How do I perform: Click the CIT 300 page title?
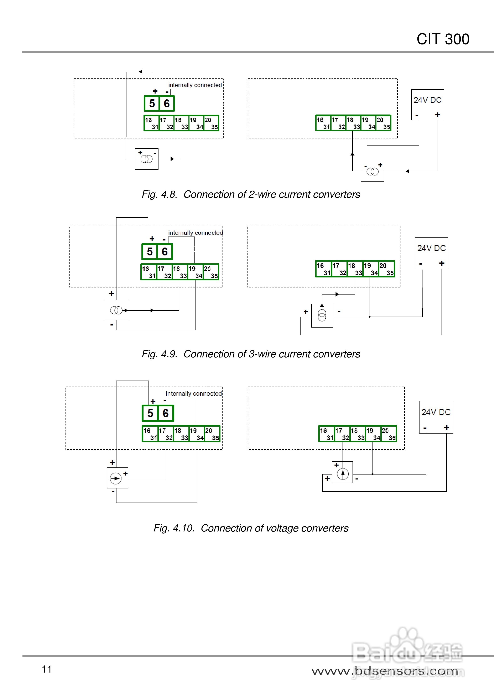443,39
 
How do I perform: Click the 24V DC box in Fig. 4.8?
428,105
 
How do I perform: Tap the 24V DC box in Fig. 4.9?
432,253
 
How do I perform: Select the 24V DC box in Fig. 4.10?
436,417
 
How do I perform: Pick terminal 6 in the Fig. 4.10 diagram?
165,413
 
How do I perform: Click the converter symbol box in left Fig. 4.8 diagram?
147,159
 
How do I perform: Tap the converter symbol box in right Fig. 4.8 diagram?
373,171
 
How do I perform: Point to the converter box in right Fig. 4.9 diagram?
322,315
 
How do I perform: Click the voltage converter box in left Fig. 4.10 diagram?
118,478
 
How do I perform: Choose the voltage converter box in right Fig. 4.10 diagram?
342,472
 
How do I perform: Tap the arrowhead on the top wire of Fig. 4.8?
140,72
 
